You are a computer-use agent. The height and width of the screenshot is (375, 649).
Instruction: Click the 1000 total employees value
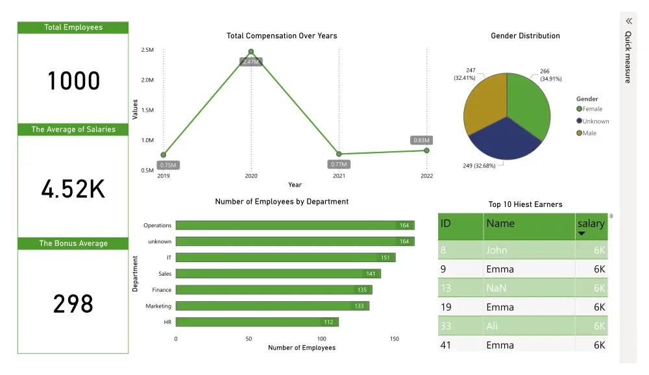point(73,81)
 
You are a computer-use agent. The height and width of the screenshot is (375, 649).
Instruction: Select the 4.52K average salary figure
point(73,189)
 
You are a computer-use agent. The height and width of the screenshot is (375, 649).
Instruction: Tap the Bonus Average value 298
point(73,304)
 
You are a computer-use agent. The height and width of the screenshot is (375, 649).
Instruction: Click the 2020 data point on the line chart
point(251,52)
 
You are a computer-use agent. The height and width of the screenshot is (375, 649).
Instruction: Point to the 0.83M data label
point(421,140)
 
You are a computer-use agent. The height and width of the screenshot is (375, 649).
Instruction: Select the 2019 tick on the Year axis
point(164,176)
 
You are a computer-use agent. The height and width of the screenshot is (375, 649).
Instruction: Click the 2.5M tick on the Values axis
point(147,50)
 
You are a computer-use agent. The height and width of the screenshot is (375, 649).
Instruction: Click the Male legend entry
point(589,133)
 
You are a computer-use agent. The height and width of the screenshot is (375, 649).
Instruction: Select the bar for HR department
point(257,322)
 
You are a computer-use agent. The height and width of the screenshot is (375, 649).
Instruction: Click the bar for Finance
point(273,290)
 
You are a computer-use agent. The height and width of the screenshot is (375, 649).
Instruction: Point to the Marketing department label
point(158,306)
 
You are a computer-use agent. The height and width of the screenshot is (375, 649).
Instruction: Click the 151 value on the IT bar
point(385,258)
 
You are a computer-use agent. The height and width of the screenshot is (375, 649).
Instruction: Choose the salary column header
point(590,224)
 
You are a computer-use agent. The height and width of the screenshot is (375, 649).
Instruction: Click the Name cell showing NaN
point(496,288)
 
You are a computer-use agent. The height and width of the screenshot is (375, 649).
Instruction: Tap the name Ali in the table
point(492,326)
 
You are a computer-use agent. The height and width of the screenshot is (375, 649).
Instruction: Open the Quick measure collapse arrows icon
point(628,21)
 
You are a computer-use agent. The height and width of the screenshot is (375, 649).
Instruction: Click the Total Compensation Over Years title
point(282,36)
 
